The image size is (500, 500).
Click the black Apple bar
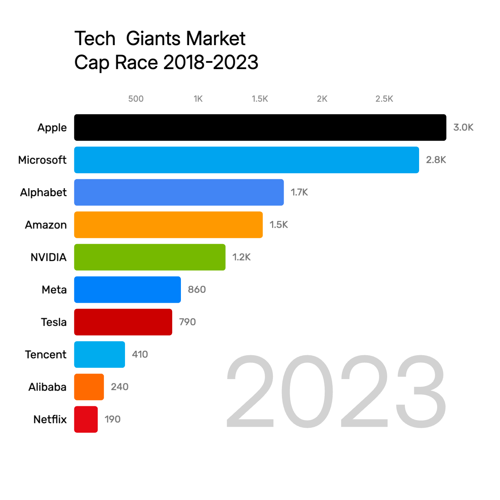point(260,127)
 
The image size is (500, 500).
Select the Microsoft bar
point(247,160)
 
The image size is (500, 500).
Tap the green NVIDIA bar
point(150,257)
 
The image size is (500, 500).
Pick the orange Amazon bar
point(168,225)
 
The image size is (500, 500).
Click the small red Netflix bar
point(86,419)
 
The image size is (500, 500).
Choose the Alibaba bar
point(89,387)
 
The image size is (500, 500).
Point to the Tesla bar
point(123,322)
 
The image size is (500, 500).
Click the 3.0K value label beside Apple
point(463,127)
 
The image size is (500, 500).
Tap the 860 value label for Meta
point(197,290)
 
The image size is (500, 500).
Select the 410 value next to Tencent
point(140,354)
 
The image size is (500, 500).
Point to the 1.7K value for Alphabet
point(299,192)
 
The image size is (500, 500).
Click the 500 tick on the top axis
point(136,99)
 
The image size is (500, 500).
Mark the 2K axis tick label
point(322,99)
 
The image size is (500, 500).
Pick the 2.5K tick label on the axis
point(384,99)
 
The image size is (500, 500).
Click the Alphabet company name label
point(43,192)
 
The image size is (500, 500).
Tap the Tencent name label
point(45,355)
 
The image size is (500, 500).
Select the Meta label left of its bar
point(54,290)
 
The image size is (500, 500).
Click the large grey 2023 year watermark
point(336,391)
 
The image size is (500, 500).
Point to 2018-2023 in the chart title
point(211,62)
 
